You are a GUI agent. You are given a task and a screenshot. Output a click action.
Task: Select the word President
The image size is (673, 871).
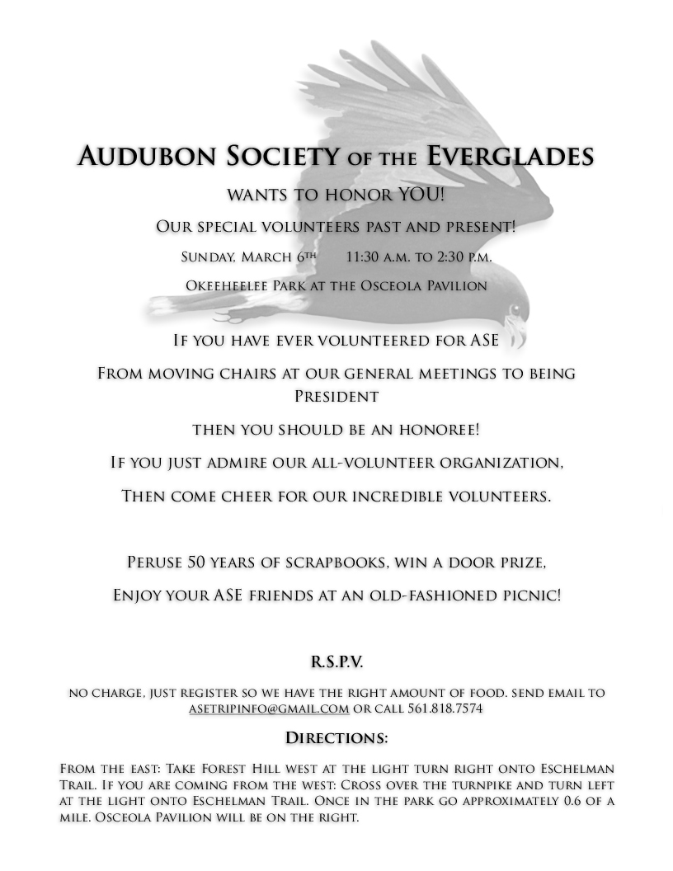coord(336,396)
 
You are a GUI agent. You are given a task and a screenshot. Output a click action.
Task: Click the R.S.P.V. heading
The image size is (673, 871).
coord(336,661)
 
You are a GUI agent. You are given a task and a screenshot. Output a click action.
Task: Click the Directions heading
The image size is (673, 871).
coord(336,737)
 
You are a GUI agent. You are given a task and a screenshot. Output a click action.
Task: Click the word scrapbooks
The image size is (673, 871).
coord(343,563)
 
